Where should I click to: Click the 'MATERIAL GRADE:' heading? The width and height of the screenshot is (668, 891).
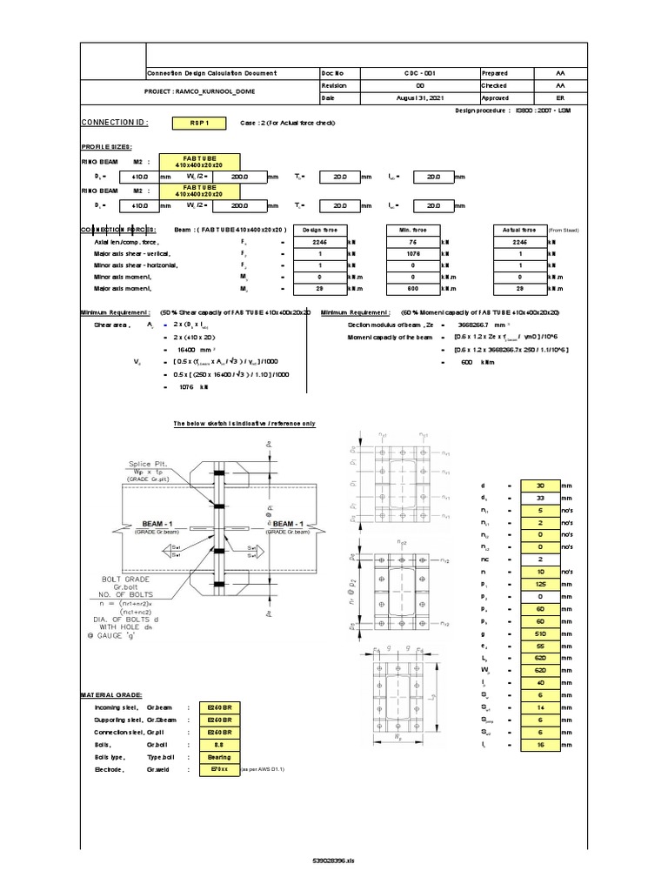click(x=109, y=695)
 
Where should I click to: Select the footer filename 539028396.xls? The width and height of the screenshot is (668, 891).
click(x=333, y=860)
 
